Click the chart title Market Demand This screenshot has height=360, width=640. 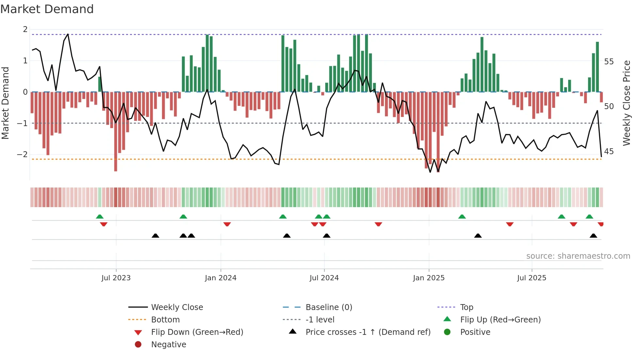point(47,9)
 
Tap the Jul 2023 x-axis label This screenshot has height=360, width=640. point(116,278)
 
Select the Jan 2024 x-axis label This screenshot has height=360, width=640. point(220,278)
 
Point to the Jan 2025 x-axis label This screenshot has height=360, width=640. point(428,278)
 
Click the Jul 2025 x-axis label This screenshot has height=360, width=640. point(532,278)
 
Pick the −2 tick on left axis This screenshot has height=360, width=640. point(22,155)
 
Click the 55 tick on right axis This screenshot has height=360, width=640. point(609,62)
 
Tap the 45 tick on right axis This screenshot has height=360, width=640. point(609,152)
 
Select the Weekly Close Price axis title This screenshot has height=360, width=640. point(626,103)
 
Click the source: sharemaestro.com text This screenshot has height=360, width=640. point(578,256)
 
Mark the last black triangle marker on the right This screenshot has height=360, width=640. point(593,236)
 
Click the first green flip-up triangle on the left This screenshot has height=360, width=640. point(100,217)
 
